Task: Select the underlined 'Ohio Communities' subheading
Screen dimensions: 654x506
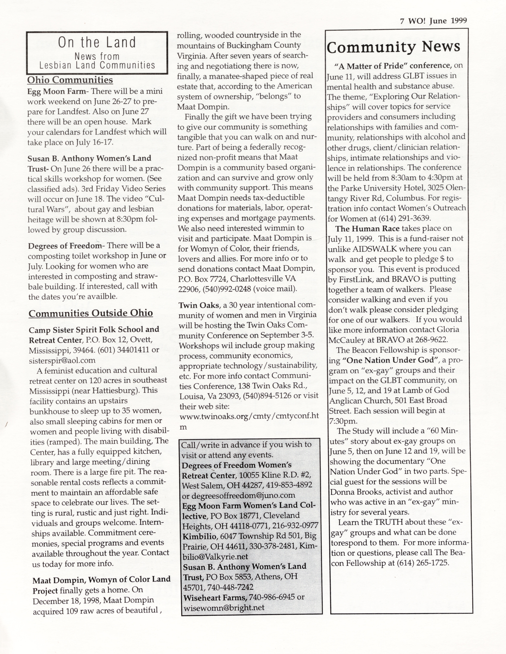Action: point(70,80)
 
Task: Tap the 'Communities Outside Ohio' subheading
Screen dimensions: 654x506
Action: point(91,313)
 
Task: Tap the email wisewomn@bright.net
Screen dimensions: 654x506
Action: point(224,608)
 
